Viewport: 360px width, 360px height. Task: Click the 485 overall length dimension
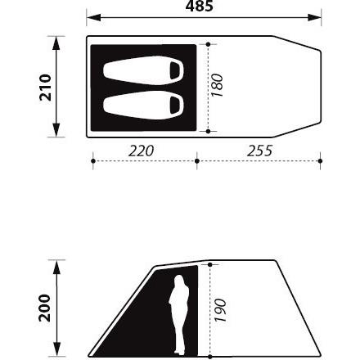(x=199, y=6)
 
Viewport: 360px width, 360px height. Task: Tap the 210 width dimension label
(x=45, y=88)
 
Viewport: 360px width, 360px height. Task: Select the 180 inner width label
(x=217, y=85)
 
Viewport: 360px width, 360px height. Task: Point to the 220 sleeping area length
(x=141, y=151)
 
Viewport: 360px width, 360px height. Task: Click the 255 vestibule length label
(x=259, y=151)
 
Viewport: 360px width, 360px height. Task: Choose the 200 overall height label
(x=45, y=308)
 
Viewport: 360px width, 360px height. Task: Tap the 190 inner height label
(x=220, y=310)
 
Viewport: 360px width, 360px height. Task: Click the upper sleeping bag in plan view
(x=143, y=70)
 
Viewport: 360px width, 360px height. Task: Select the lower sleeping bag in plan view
(x=143, y=106)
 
